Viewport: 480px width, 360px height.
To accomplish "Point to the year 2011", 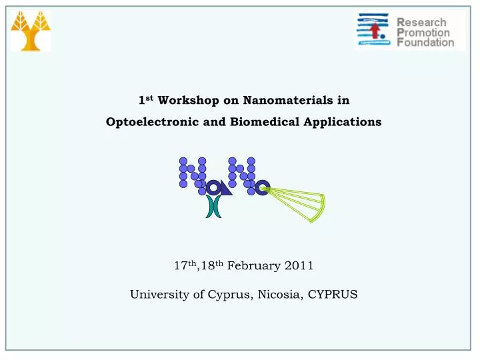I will [298, 265].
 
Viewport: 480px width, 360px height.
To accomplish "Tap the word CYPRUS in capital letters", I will [333, 295].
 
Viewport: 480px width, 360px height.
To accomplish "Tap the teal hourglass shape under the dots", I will [213, 207].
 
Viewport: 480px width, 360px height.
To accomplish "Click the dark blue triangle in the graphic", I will [226, 190].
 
